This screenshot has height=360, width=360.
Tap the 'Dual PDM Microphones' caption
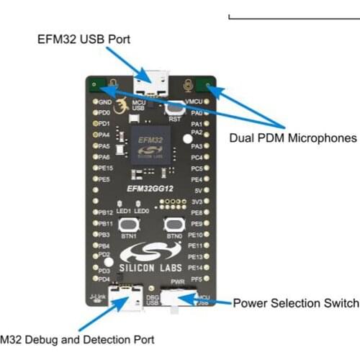pos(293,137)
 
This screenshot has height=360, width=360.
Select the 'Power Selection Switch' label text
pos(295,303)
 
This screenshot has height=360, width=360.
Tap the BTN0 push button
pos(173,224)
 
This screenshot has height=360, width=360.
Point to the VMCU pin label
pos(194,102)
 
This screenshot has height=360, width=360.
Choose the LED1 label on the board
pos(125,210)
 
